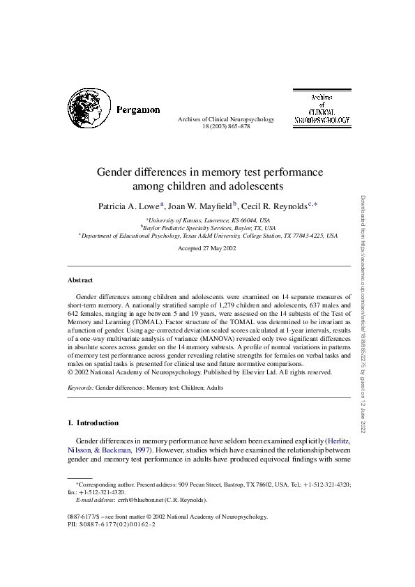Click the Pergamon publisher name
pos(138,109)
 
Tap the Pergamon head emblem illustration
pos(90,110)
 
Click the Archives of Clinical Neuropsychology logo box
pos(322,108)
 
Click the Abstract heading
pos(80,280)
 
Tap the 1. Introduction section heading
pos(93,422)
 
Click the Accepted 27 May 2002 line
pos(207,247)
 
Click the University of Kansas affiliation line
pos(207,220)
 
